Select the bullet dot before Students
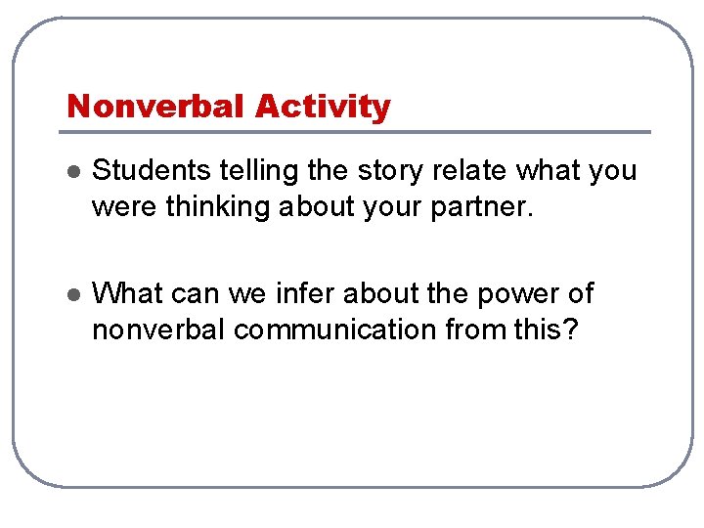(x=70, y=172)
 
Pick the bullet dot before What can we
(x=70, y=294)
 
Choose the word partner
(x=487, y=207)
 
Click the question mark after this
(x=573, y=330)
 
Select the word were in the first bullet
(x=115, y=207)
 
